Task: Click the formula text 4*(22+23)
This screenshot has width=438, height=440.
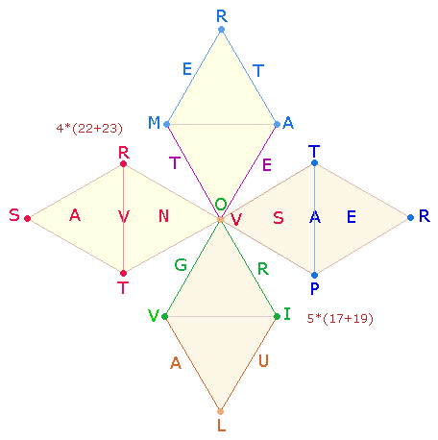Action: pyautogui.click(x=89, y=129)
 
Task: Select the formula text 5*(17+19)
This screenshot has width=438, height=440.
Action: pyautogui.click(x=340, y=319)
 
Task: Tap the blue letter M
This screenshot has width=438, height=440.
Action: pyautogui.click(x=154, y=122)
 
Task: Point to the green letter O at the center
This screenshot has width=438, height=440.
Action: pyautogui.click(x=221, y=204)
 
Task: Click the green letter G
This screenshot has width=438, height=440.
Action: pyautogui.click(x=181, y=265)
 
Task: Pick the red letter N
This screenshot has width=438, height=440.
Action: pyautogui.click(x=163, y=216)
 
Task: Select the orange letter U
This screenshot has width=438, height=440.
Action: pyautogui.click(x=263, y=361)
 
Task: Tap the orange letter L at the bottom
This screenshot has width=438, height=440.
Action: pyautogui.click(x=221, y=426)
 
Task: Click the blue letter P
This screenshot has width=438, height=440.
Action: pyautogui.click(x=315, y=288)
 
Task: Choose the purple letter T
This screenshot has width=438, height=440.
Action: pyautogui.click(x=175, y=162)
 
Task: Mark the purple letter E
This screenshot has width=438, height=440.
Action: pyautogui.click(x=267, y=165)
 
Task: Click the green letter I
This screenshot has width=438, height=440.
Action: pyautogui.click(x=287, y=314)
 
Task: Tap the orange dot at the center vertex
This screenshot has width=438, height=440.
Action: pyautogui.click(x=220, y=219)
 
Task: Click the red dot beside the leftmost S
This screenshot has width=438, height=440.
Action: pyautogui.click(x=28, y=218)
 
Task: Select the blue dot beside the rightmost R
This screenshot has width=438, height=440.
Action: pyautogui.click(x=410, y=218)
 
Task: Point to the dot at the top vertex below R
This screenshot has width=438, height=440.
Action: pyautogui.click(x=221, y=30)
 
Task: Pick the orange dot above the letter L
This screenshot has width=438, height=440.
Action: pyautogui.click(x=220, y=411)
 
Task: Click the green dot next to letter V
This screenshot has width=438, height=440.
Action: pyautogui.click(x=165, y=317)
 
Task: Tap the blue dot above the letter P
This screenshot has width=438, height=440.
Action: pyautogui.click(x=315, y=275)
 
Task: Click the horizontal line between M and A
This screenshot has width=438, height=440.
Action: pyautogui.click(x=222, y=124)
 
